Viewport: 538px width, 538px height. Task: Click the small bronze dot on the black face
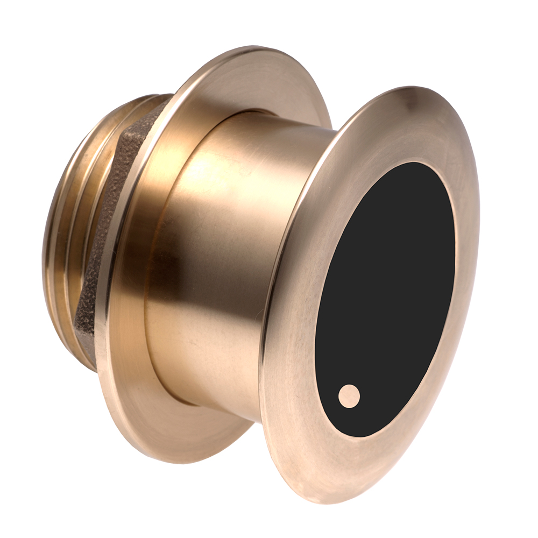pos(349,396)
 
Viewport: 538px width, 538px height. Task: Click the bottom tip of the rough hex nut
pos(89,355)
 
